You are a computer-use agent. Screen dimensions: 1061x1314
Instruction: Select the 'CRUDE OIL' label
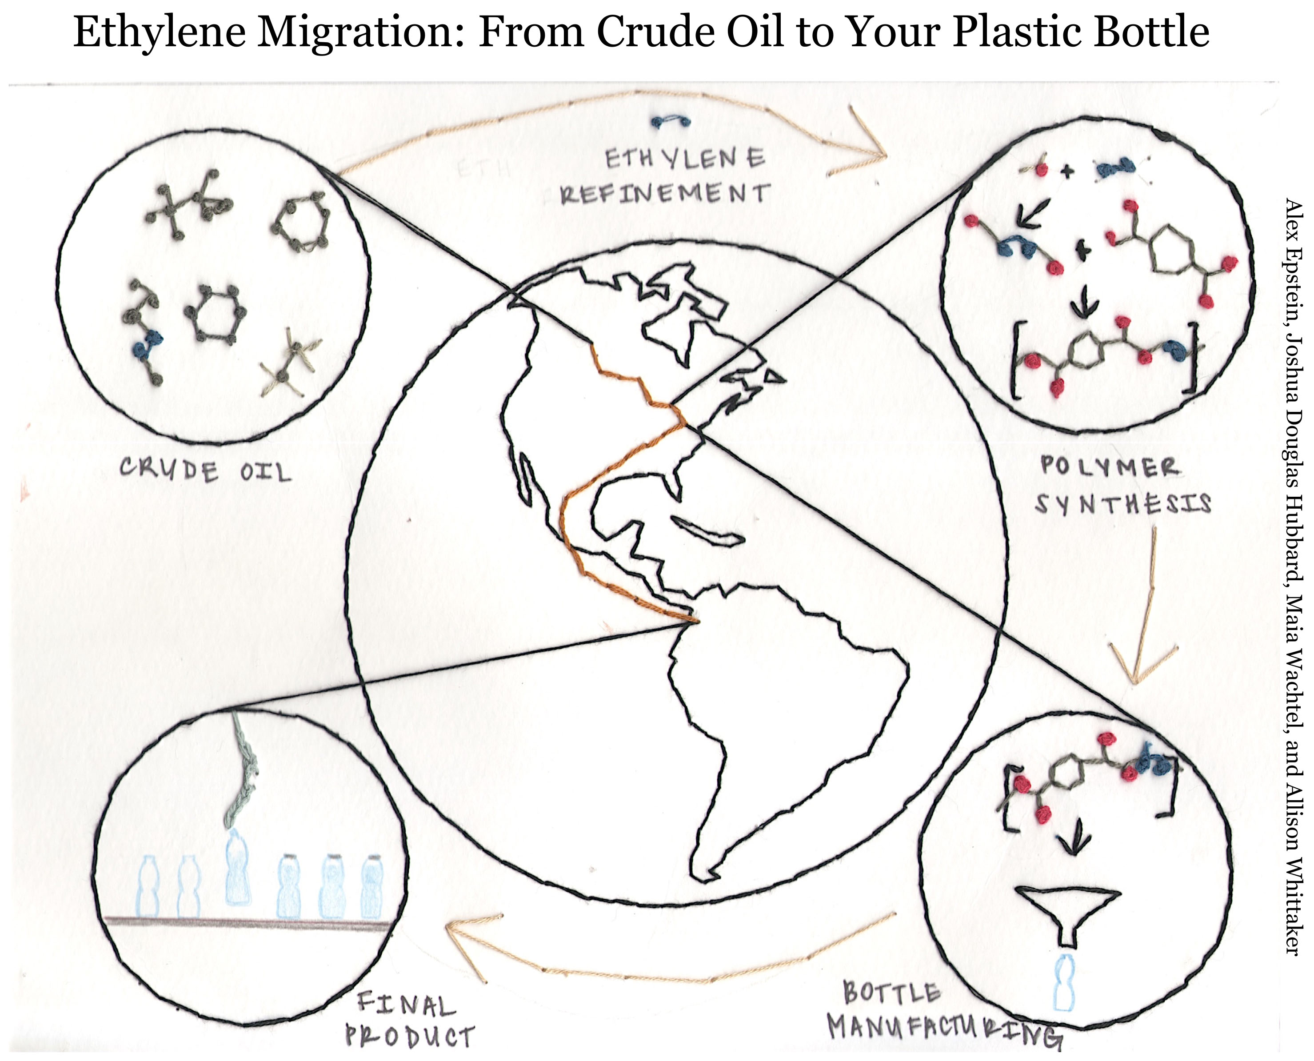pos(205,471)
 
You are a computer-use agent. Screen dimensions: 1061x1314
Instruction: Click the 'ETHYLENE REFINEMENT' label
pos(666,177)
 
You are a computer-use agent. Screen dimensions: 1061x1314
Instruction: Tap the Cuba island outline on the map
pos(709,532)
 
